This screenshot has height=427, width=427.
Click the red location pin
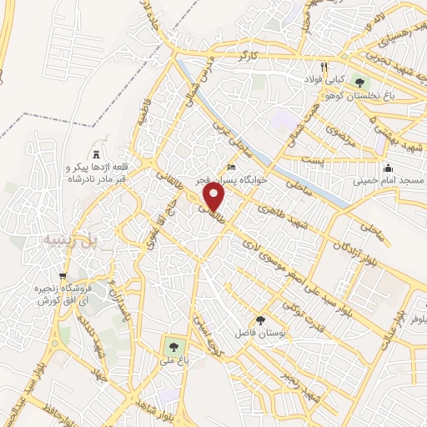click(215, 198)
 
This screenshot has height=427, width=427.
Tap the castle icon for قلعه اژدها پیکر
click(96, 154)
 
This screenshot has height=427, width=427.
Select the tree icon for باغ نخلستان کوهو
click(359, 82)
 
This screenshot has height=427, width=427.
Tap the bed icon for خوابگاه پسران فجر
click(231, 168)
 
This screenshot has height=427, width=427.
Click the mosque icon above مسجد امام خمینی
click(388, 168)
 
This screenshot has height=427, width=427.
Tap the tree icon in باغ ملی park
click(173, 344)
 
